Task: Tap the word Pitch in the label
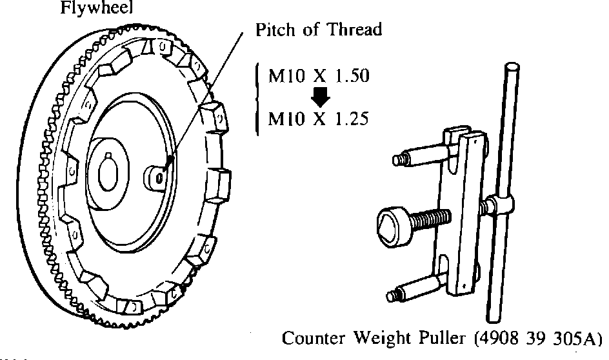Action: coord(276,30)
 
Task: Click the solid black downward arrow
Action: coord(320,97)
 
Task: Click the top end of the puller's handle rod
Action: coord(513,68)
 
